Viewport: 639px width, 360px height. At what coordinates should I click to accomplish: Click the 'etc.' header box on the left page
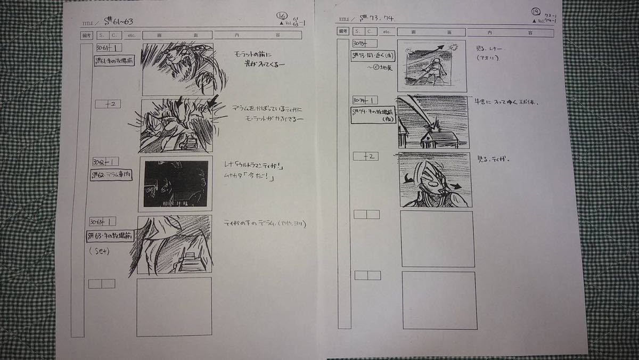(132, 36)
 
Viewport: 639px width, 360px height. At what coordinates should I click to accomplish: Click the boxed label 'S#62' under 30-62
(111, 176)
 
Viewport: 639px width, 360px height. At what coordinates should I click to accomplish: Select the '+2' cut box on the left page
(108, 104)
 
